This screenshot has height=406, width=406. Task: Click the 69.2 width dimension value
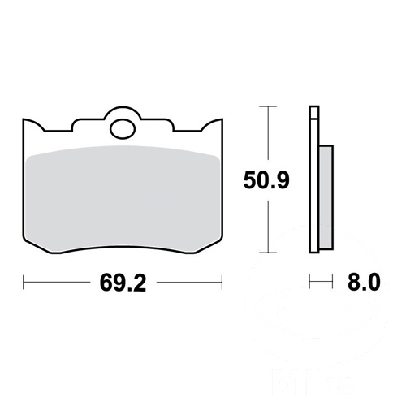pyautogui.click(x=123, y=283)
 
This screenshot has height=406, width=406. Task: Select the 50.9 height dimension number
pyautogui.click(x=266, y=180)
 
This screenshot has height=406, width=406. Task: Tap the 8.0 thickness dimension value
pyautogui.click(x=364, y=282)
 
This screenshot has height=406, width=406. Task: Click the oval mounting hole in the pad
pyautogui.click(x=123, y=129)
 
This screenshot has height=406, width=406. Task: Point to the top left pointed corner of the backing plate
pyautogui.click(x=24, y=119)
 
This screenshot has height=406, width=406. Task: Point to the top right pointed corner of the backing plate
pyautogui.click(x=222, y=119)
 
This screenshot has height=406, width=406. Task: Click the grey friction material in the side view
pyautogui.click(x=326, y=197)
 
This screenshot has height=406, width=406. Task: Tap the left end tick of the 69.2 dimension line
pyautogui.click(x=24, y=283)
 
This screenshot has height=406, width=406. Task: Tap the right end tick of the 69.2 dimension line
pyautogui.click(x=222, y=283)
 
